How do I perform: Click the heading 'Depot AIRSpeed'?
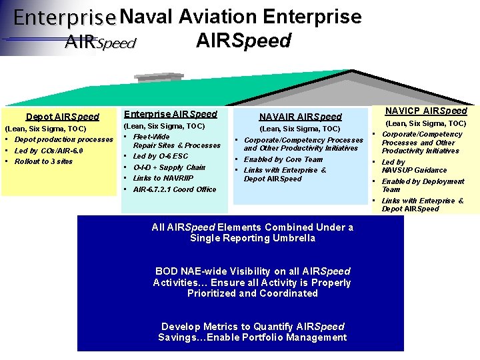pos(62,117)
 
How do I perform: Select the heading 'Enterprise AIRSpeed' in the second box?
pos(171,114)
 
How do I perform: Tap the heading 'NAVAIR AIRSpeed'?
pos(300,116)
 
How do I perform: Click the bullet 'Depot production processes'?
pos(64,139)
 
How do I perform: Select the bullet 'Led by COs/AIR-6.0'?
pos(49,151)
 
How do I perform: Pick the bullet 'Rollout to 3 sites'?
pos(43,161)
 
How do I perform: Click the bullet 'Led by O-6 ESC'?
pos(161,156)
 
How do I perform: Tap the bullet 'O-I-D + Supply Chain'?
pos(169,167)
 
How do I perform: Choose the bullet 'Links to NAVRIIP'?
pos(163,178)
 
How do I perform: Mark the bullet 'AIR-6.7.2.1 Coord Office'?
pos(175,189)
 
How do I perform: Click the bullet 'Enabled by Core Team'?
pos(283,159)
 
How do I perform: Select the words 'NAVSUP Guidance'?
pos(414,170)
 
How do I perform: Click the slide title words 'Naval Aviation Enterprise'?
pos(241,16)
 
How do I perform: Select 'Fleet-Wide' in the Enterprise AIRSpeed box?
pos(151,137)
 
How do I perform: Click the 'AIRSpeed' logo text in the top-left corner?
pos(100,43)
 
